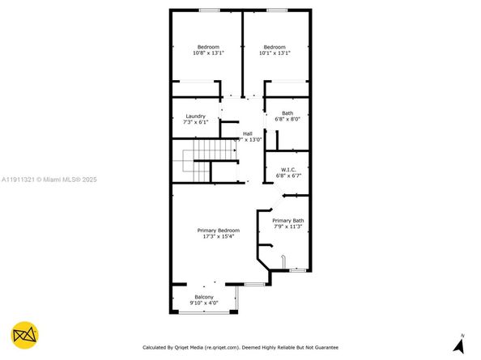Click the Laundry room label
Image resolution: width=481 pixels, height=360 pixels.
click(195, 116)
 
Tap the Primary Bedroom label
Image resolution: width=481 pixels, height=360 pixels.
click(219, 231)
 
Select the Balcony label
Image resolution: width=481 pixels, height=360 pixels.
click(202, 297)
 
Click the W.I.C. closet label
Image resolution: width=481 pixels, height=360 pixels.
click(287, 169)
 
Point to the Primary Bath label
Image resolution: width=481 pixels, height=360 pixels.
click(287, 221)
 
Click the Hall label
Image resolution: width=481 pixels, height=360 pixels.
click(248, 133)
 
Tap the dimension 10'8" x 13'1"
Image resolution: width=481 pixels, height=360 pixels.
click(208, 53)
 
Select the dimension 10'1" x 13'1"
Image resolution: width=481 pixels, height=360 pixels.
click(275, 53)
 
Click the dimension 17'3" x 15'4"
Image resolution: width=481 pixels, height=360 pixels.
click(219, 237)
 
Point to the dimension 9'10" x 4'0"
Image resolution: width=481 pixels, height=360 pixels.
click(202, 303)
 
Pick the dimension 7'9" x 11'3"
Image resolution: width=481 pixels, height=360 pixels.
click(287, 227)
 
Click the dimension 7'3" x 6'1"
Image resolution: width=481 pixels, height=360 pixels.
click(195, 122)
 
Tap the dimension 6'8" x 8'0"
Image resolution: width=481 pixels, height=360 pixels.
click(287, 119)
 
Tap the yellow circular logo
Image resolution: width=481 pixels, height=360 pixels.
click(26, 336)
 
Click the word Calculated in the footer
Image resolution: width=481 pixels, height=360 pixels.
click(158, 348)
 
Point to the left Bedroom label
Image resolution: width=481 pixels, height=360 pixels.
click(208, 47)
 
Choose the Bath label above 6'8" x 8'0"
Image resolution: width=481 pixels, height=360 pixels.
click(287, 112)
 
